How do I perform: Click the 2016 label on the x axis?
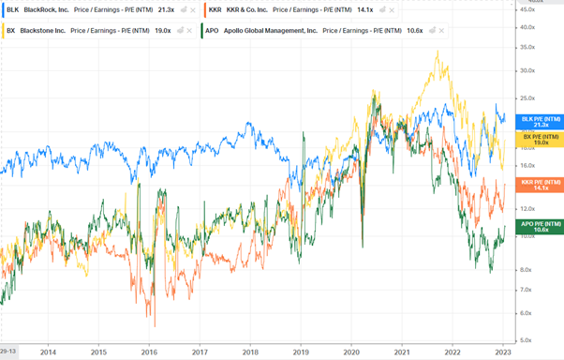(149, 352)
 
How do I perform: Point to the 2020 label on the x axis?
(351, 352)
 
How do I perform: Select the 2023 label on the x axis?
(502, 352)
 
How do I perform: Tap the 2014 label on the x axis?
(48, 352)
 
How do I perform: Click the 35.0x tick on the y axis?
(551, 46)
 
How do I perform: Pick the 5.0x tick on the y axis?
(551, 340)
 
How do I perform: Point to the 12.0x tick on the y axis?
(551, 208)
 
